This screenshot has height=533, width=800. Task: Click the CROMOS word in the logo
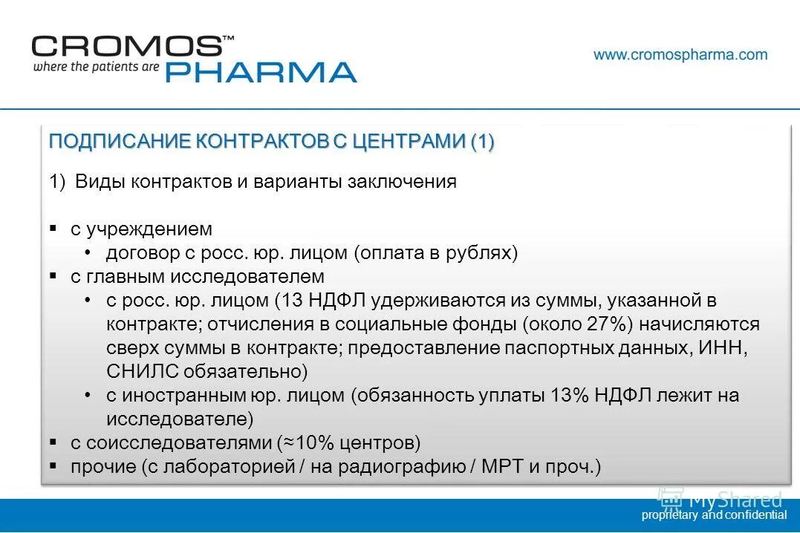coord(126,46)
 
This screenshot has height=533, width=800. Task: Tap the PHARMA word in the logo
coord(260,72)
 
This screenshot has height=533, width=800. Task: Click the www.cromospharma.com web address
coord(680,54)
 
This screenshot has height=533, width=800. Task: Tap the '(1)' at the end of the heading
coord(482,141)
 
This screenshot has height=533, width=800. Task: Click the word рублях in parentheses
coord(481,253)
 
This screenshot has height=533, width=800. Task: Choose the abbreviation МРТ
coord(505,467)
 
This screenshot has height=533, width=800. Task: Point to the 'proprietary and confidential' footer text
coord(713,514)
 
